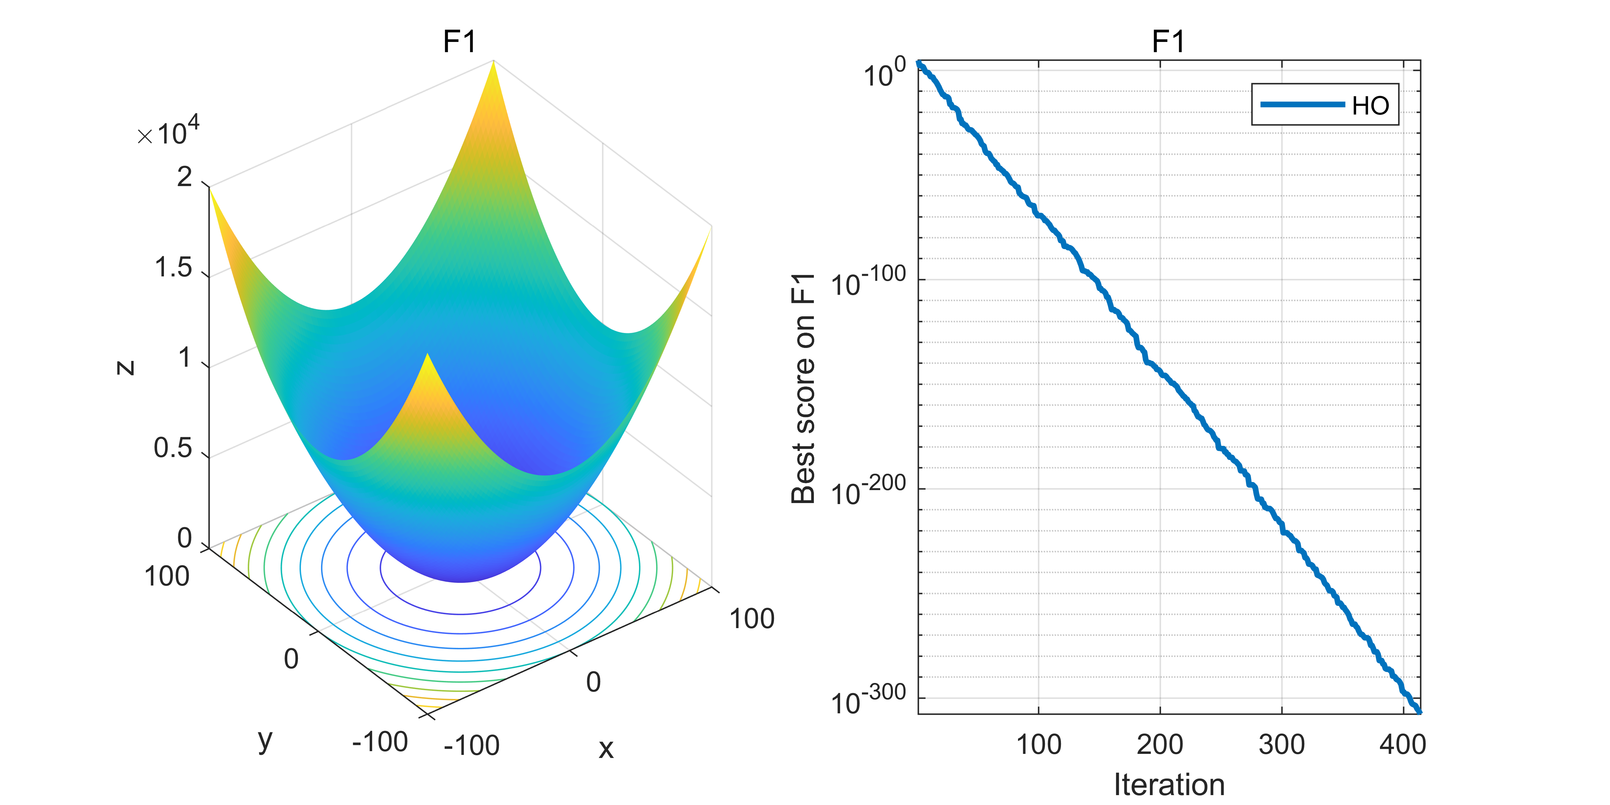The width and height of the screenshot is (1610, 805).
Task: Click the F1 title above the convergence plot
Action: click(x=1168, y=42)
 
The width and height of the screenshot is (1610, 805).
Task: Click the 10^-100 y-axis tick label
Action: click(x=867, y=282)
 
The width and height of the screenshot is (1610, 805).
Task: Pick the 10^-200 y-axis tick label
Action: click(x=867, y=491)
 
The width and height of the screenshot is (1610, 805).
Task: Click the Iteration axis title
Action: click(x=1169, y=784)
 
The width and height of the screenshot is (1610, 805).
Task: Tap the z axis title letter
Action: click(x=126, y=367)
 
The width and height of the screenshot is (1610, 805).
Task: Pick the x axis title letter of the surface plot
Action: click(x=606, y=748)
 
